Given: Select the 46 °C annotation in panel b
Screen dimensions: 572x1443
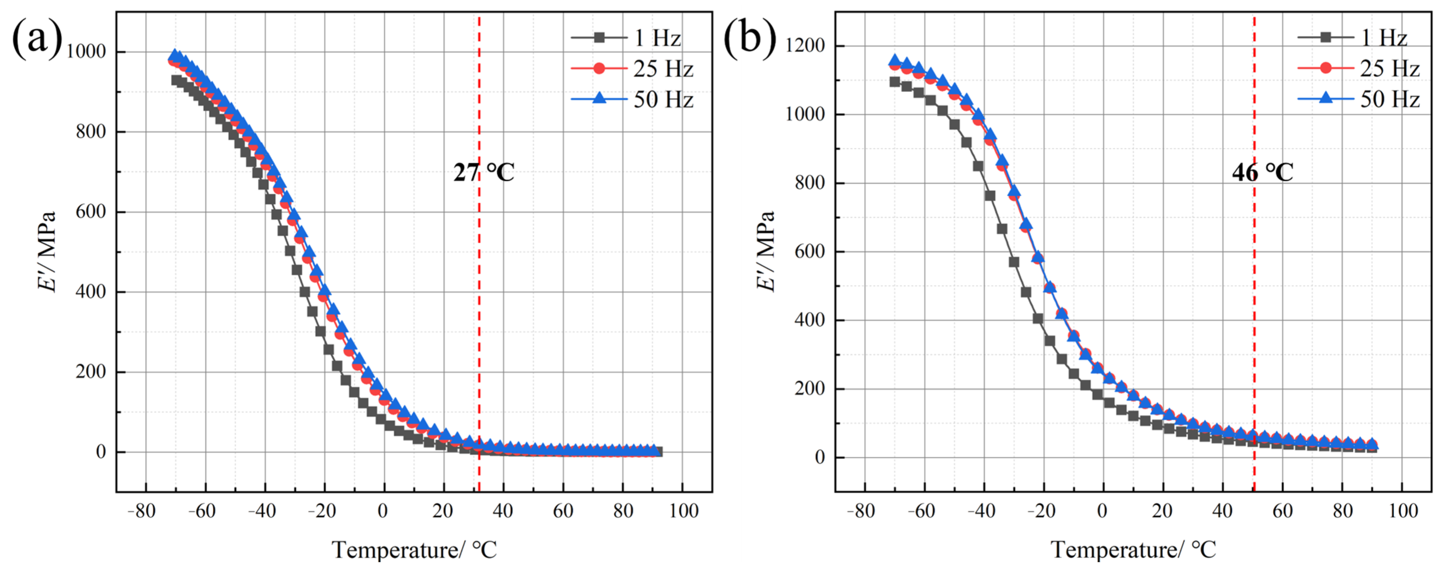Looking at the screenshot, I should [1263, 172].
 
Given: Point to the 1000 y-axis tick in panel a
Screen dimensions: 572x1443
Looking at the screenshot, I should [86, 51].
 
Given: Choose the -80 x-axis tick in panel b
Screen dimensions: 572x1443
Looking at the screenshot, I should [861, 510].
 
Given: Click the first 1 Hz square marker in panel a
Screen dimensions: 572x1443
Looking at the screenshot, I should [176, 80].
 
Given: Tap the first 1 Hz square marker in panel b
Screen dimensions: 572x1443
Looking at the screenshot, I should [895, 82].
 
